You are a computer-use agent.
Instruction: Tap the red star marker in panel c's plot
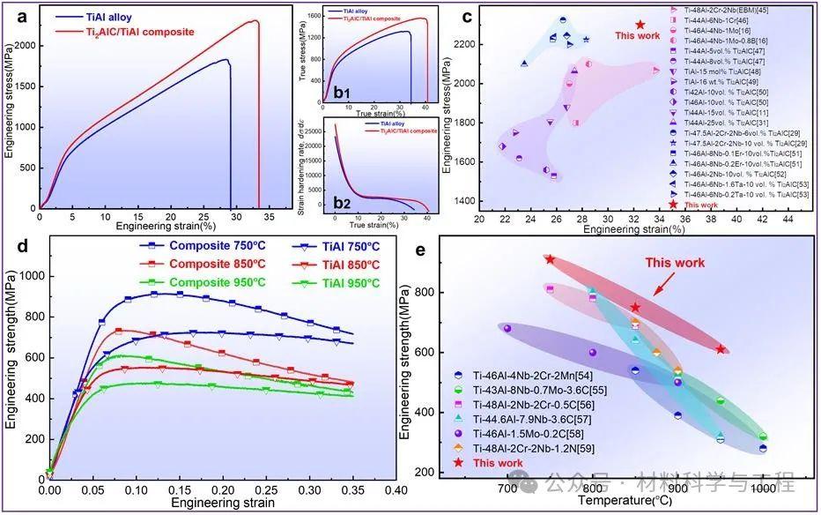tap(640, 26)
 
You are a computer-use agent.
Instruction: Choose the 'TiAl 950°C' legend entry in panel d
tap(339, 283)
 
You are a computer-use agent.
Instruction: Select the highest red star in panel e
tap(551, 259)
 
